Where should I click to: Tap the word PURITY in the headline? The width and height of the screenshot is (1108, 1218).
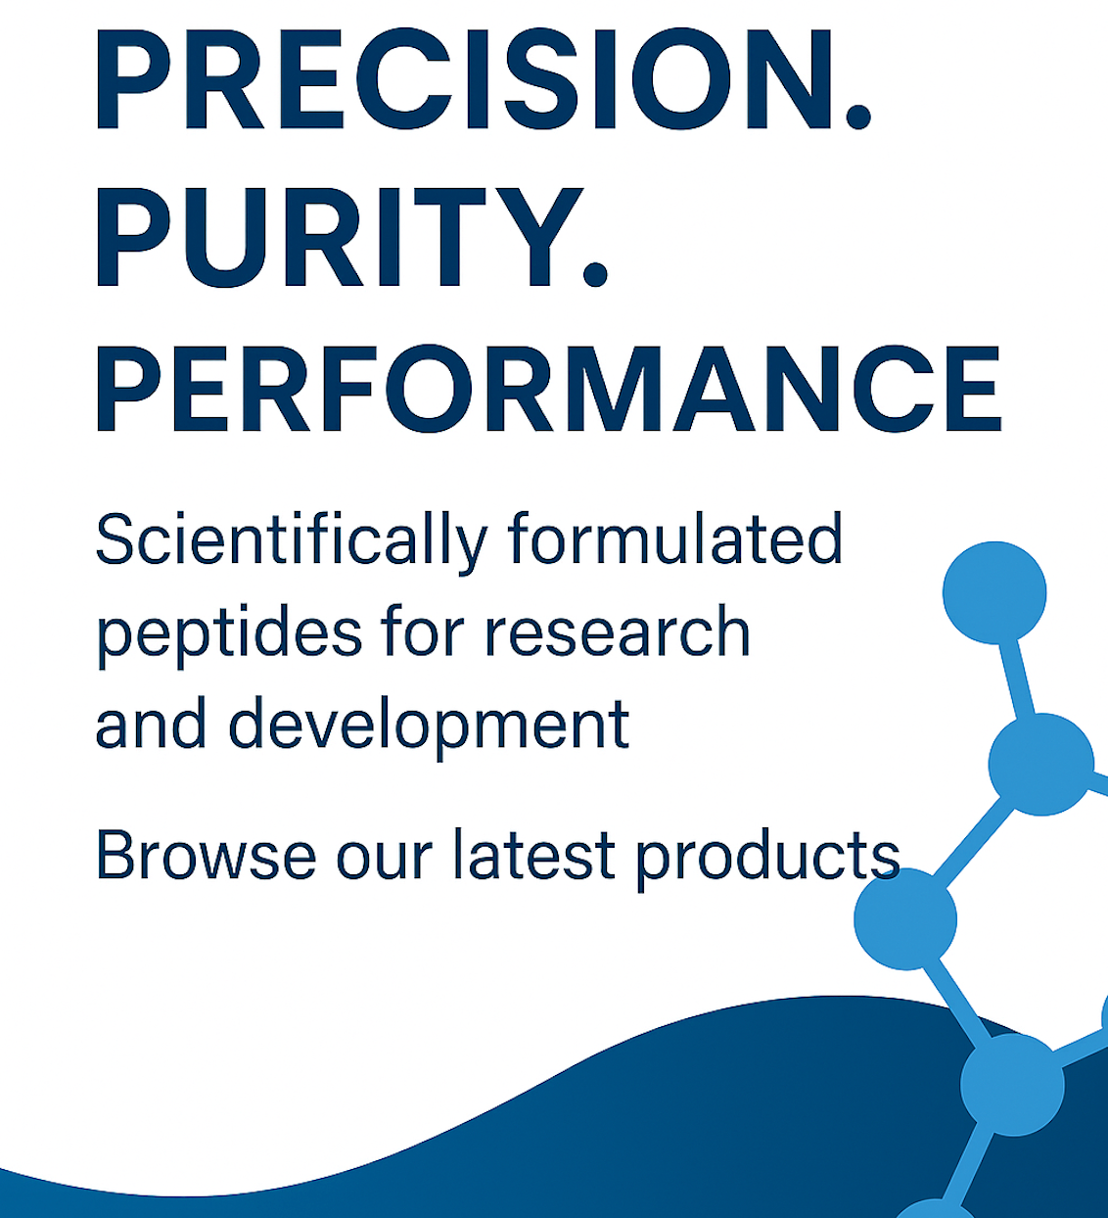pos(338,237)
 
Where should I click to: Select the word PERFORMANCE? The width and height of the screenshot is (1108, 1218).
pos(548,390)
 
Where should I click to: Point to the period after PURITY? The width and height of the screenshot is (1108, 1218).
pos(595,274)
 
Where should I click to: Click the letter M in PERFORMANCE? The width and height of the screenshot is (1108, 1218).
pos(614,390)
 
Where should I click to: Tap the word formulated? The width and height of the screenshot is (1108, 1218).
pos(675,539)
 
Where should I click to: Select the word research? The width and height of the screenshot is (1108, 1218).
pos(618,632)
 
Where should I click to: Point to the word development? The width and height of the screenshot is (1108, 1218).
pos(429,726)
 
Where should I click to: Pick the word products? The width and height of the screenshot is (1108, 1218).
pos(768,858)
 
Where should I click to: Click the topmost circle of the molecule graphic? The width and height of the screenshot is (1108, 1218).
pos(994,592)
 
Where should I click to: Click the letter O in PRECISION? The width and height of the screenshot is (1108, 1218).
pos(681,79)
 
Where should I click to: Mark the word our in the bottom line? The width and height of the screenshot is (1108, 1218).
pos(385,861)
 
